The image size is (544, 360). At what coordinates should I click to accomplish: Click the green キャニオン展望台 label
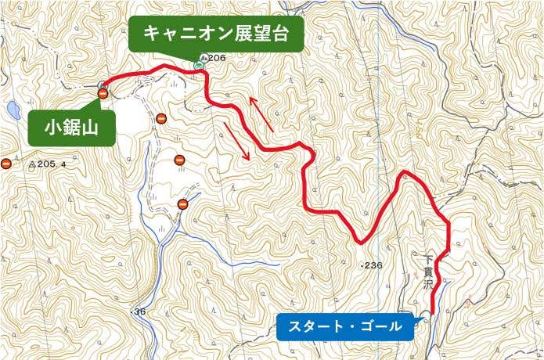[x=216, y=34]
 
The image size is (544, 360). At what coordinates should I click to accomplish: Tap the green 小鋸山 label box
[x=71, y=127]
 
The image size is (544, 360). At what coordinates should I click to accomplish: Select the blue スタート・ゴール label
[x=344, y=326]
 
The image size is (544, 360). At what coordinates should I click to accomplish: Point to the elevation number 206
[x=218, y=58]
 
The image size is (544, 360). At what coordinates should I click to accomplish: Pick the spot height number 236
[x=373, y=265]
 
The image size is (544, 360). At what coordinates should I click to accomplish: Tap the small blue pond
[x=12, y=110]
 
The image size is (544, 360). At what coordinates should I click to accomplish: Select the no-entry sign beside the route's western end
[x=103, y=94]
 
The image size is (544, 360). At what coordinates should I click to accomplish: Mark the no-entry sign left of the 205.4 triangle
[x=6, y=164]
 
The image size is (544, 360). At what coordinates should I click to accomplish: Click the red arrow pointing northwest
[x=261, y=113]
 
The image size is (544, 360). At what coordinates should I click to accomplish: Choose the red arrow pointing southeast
[x=237, y=141]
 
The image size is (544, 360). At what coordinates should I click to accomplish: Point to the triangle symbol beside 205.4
[x=32, y=164]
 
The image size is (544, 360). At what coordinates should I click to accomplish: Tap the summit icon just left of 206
[x=204, y=58]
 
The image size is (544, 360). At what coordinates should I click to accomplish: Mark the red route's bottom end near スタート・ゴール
[x=433, y=312]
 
